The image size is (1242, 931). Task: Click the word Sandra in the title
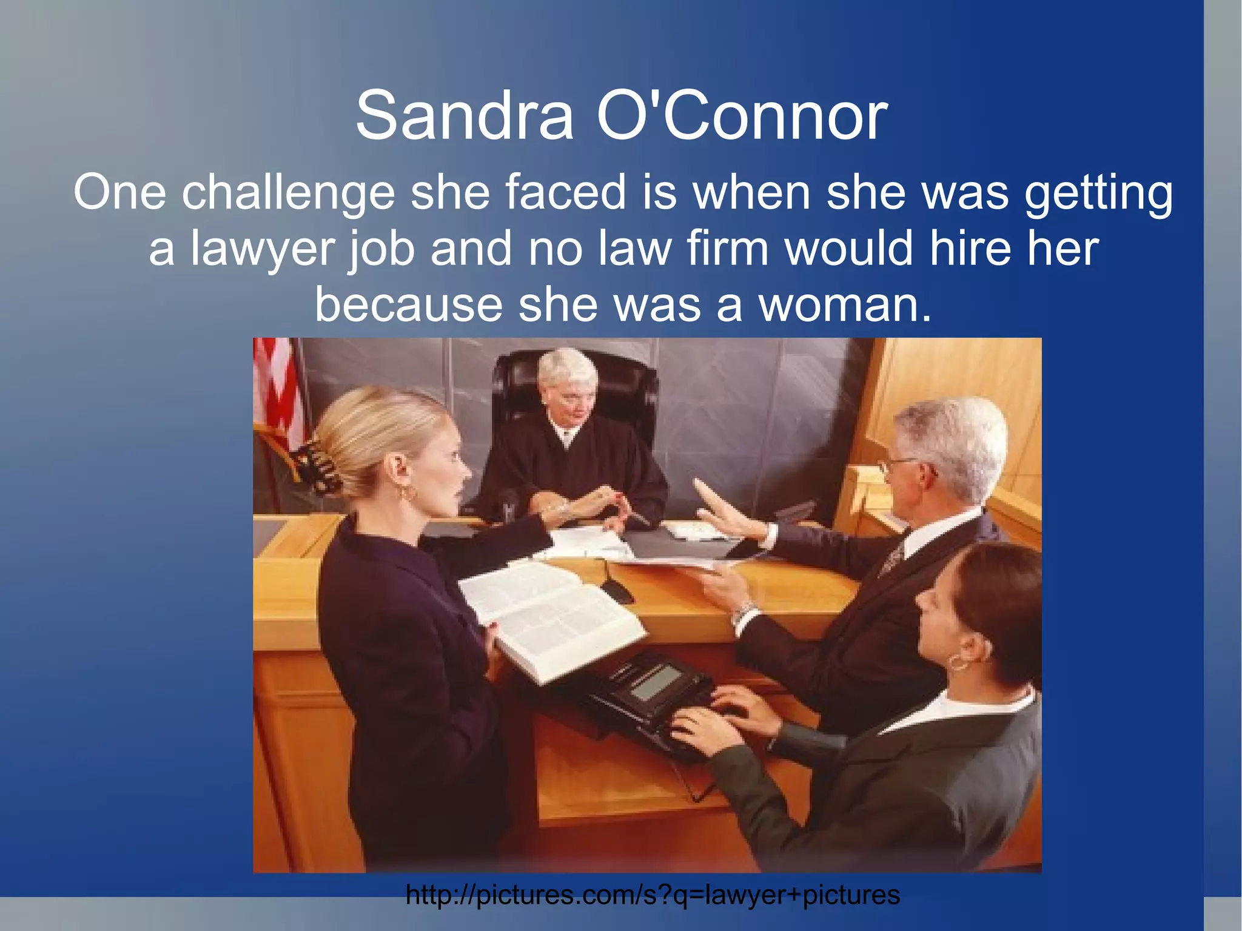coord(464,115)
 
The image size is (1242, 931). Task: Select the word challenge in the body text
coord(287,193)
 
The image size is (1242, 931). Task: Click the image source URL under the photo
coord(653,895)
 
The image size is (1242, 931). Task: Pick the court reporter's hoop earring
coord(959,662)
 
